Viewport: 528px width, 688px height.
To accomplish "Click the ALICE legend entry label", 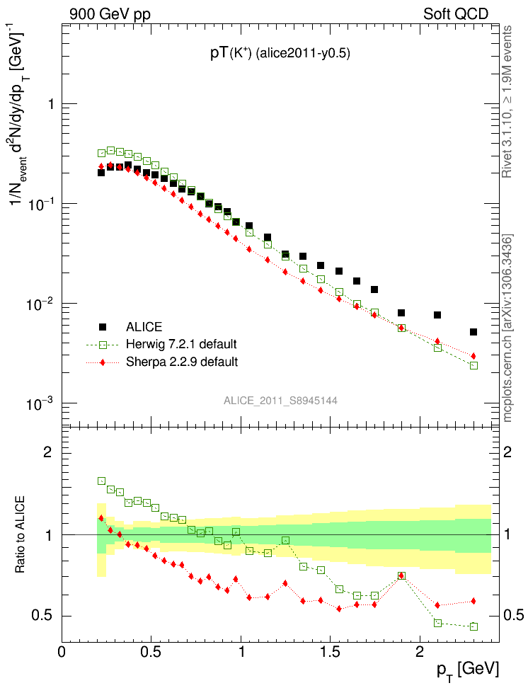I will click(x=144, y=327).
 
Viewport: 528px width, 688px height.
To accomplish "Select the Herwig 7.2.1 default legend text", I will click(x=181, y=345).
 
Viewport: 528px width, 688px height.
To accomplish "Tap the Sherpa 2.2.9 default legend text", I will click(x=182, y=362).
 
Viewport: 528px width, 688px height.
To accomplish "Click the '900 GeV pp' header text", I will click(x=110, y=13).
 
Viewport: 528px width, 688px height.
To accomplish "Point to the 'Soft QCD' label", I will click(x=456, y=13).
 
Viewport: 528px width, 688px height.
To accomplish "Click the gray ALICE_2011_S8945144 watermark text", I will click(x=280, y=401).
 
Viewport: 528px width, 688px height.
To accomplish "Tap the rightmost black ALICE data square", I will click(x=474, y=332).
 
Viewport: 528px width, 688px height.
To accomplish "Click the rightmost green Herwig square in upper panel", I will click(x=474, y=365).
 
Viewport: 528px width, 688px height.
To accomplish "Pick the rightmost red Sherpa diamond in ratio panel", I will click(x=474, y=601).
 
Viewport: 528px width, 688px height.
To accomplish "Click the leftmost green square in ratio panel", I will click(x=101, y=481).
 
